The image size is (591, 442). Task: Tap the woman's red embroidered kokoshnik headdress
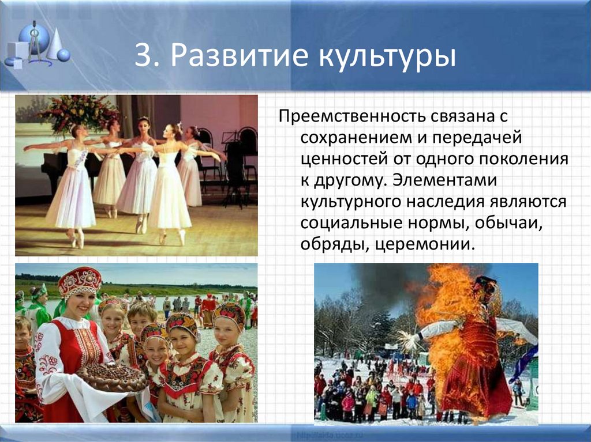coord(80,281)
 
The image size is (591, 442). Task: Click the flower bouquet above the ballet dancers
coord(78,110)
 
